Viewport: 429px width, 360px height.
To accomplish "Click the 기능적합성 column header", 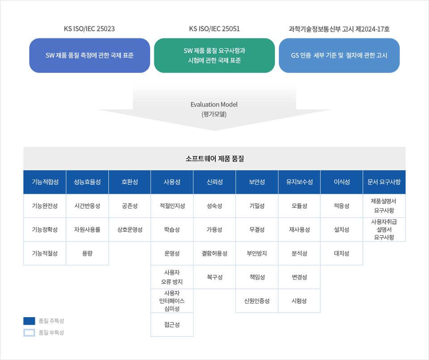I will pyautogui.click(x=45, y=182).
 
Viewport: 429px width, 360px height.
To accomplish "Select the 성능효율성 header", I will pyautogui.click(x=87, y=182).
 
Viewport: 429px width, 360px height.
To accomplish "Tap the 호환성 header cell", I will pyautogui.click(x=130, y=182).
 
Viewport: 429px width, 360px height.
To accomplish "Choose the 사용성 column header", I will pyautogui.click(x=172, y=182).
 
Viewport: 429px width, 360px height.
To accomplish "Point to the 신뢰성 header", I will pyautogui.click(x=214, y=182).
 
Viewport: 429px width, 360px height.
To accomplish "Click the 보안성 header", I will pyautogui.click(x=257, y=182).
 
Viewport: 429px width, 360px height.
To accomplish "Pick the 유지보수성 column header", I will pyautogui.click(x=299, y=182).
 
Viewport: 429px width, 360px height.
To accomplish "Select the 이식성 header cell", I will pyautogui.click(x=342, y=182).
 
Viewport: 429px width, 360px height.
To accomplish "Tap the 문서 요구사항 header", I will pyautogui.click(x=384, y=182).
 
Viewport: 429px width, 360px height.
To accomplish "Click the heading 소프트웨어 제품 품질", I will pyautogui.click(x=214, y=159).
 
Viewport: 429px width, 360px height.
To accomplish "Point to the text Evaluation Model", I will pyautogui.click(x=214, y=105).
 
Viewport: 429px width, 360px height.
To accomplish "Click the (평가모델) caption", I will pyautogui.click(x=214, y=114).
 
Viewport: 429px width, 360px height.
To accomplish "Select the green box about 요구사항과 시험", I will pyautogui.click(x=214, y=55).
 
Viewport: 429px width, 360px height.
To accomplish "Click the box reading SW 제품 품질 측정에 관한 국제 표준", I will pyautogui.click(x=90, y=55).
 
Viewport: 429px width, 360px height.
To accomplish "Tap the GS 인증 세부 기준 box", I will pyautogui.click(x=339, y=55).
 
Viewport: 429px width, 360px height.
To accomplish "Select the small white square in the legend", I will pyautogui.click(x=29, y=333).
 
